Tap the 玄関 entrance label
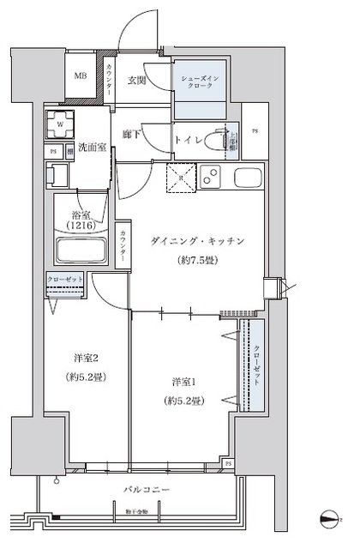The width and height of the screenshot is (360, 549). (x=138, y=81)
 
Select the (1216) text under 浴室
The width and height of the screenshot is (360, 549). (x=81, y=225)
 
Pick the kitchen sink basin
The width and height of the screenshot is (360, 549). (x=248, y=180)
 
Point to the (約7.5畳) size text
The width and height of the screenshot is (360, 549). (x=195, y=261)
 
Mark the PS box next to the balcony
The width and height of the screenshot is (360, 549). (x=228, y=464)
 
